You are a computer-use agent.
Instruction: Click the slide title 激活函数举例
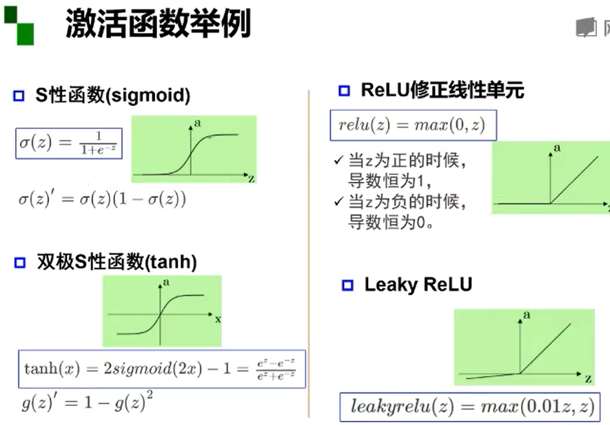tap(158, 25)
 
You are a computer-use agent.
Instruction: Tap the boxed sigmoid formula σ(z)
tap(69, 143)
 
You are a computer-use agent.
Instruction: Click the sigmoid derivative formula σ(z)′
tap(102, 200)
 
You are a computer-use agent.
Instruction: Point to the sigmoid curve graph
tap(194, 149)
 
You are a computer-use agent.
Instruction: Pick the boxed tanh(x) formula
tap(161, 369)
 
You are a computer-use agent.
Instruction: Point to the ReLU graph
tap(550, 177)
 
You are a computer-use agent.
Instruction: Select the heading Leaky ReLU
tap(418, 284)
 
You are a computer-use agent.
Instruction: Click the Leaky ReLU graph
tap(524, 346)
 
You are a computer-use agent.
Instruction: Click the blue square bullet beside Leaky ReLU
tap(347, 285)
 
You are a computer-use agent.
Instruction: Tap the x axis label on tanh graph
tap(218, 319)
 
